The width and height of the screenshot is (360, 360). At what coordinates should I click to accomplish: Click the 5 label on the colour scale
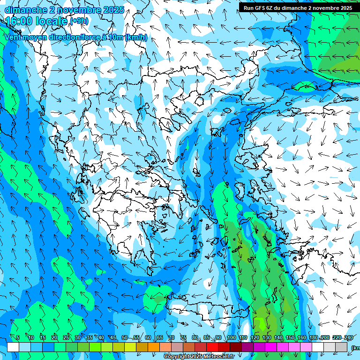click(18, 337)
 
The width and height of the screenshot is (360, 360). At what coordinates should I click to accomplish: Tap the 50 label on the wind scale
click(125, 337)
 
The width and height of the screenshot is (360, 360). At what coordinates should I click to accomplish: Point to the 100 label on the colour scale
click(231, 337)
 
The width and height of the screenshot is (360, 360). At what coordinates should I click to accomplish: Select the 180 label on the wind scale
click(314, 337)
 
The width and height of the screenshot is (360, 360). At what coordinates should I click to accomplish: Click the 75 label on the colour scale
click(183, 337)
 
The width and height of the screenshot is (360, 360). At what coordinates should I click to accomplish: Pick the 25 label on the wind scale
click(66, 337)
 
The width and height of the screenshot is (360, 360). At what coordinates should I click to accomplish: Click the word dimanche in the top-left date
click(26, 10)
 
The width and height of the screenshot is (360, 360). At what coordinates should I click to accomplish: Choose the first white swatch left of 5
click(13, 347)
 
